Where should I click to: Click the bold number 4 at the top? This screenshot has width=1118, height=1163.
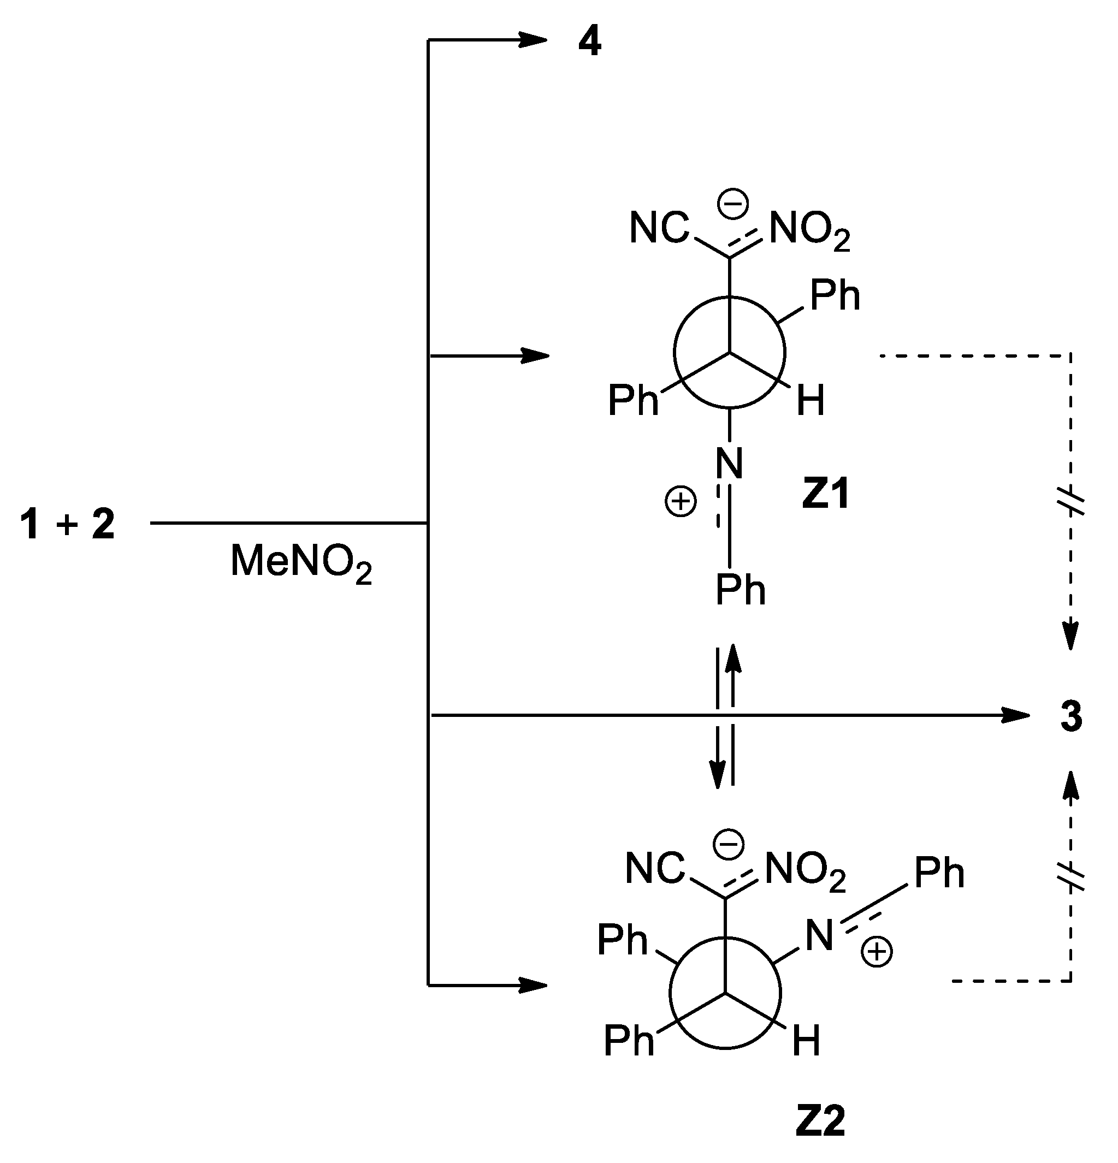(x=589, y=43)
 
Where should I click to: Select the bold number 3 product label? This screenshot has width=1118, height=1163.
(x=1071, y=716)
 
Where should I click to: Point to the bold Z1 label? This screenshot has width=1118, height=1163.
(x=825, y=494)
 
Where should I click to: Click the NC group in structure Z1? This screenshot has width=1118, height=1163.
(x=659, y=228)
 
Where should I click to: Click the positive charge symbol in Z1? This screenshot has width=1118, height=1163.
(x=680, y=502)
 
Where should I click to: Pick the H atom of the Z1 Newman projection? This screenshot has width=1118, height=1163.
(x=811, y=401)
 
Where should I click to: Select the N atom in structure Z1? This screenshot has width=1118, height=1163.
(x=729, y=464)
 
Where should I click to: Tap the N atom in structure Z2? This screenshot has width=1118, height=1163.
(x=819, y=936)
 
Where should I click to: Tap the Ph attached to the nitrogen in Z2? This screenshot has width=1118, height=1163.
(x=939, y=873)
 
